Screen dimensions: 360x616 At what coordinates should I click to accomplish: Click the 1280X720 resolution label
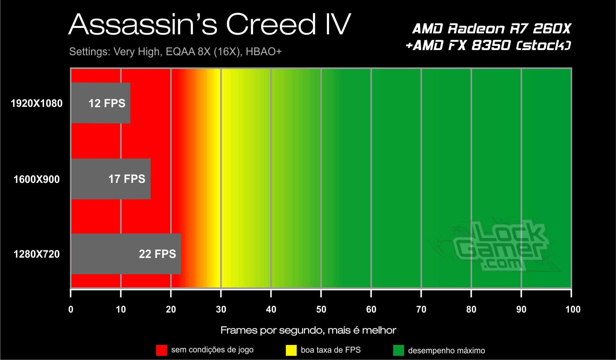coord(37,254)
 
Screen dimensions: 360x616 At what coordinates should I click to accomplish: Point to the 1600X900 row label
coord(37,179)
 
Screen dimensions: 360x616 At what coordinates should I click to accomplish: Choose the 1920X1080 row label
coord(37,103)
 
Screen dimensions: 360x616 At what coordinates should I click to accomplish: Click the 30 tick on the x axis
coord(221,309)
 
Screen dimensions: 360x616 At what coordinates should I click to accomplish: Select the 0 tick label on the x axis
coord(71,309)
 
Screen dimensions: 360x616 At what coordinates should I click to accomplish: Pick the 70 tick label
coord(421,309)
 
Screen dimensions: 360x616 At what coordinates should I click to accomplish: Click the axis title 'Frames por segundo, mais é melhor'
coord(308,330)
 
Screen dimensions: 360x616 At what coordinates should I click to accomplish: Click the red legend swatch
coord(161,350)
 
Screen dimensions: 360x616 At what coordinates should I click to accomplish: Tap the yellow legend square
coord(291,350)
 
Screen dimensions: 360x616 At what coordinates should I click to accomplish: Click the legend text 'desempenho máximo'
coord(446,350)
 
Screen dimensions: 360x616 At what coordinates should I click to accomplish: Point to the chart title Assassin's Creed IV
coord(210,24)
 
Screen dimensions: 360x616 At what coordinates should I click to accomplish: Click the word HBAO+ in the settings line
coord(264,52)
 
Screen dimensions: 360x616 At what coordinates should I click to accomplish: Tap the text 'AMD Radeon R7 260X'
coord(492,29)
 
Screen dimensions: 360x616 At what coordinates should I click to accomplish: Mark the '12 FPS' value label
coord(107,103)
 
